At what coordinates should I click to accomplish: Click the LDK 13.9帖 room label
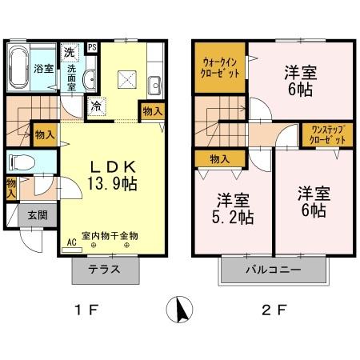pyautogui.click(x=115, y=175)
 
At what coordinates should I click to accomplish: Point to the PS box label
pyautogui.click(x=92, y=48)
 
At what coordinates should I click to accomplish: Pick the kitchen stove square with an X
pyautogui.click(x=126, y=78)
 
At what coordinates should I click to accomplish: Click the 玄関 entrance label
pyautogui.click(x=37, y=214)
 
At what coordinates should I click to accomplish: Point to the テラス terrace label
pyautogui.click(x=106, y=270)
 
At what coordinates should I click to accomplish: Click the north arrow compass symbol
pyautogui.click(x=178, y=308)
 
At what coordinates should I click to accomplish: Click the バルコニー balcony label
pyautogui.click(x=273, y=270)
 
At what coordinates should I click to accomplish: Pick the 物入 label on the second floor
pyautogui.click(x=219, y=159)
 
